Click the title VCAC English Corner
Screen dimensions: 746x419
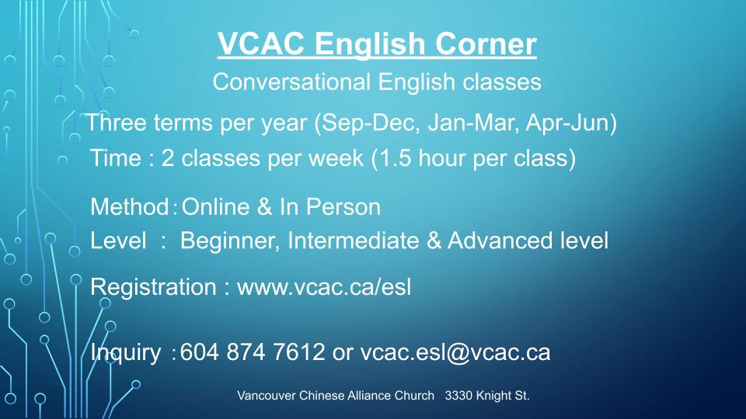pyautogui.click(x=377, y=43)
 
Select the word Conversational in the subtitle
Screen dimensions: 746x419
pyautogui.click(x=291, y=81)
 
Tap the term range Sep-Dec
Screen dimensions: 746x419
pyautogui.click(x=371, y=123)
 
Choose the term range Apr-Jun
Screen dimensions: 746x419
pyautogui.click(x=567, y=123)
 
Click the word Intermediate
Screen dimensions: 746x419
pyautogui.click(x=353, y=241)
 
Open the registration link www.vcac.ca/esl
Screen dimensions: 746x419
pyautogui.click(x=324, y=287)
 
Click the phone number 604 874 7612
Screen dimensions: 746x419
pyautogui.click(x=252, y=352)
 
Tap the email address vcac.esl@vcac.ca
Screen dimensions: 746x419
pyautogui.click(x=455, y=353)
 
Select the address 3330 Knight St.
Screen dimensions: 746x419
pyautogui.click(x=487, y=396)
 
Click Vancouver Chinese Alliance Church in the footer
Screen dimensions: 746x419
pyautogui.click(x=336, y=396)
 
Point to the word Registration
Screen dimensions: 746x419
pyautogui.click(x=153, y=288)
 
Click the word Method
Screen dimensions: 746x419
pyautogui.click(x=130, y=207)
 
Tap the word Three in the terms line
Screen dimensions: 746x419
pyautogui.click(x=116, y=123)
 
